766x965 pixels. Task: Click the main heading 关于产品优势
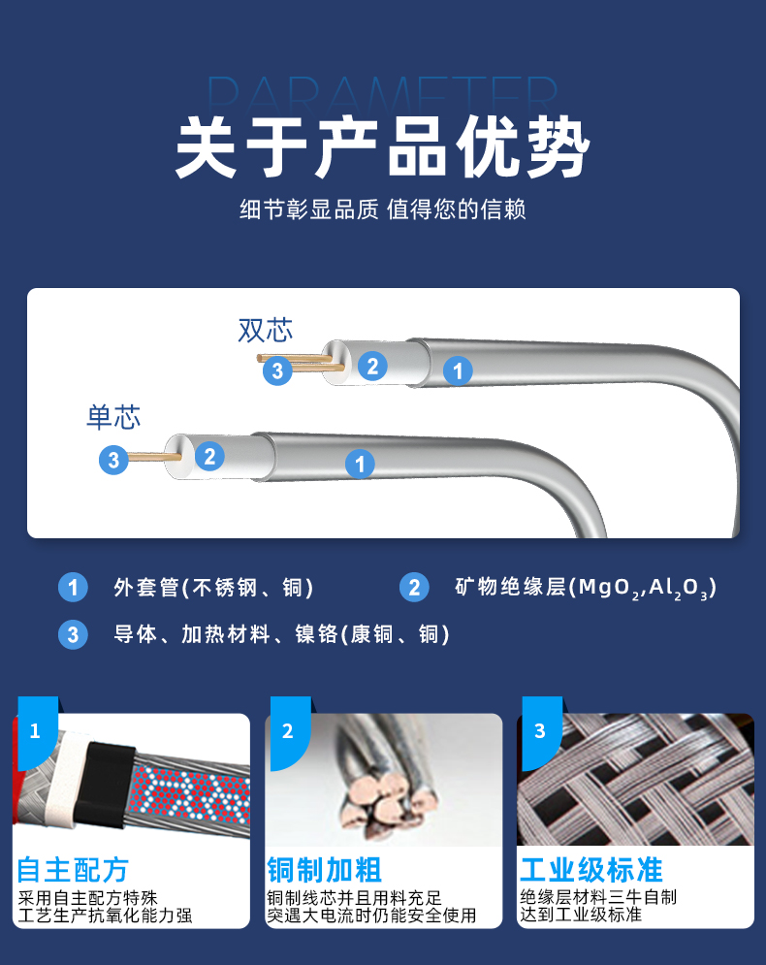[383, 147]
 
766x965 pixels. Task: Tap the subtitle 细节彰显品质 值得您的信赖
[383, 209]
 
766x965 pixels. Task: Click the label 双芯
[265, 331]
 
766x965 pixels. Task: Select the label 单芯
[113, 417]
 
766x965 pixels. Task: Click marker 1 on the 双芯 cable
[458, 370]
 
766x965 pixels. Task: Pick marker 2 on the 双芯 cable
[372, 367]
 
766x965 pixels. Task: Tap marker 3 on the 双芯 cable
[277, 370]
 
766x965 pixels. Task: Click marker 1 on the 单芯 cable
[360, 464]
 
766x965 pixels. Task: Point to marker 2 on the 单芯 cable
[209, 456]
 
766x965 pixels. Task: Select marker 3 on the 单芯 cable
[113, 459]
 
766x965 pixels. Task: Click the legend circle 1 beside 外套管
[73, 587]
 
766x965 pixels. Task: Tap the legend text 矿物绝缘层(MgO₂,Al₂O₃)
[586, 588]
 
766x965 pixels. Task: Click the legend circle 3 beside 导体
[73, 634]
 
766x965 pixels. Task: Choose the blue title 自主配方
[73, 870]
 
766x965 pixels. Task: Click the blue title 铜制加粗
[324, 870]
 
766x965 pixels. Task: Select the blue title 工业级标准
[590, 870]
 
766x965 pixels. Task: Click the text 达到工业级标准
[581, 915]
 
